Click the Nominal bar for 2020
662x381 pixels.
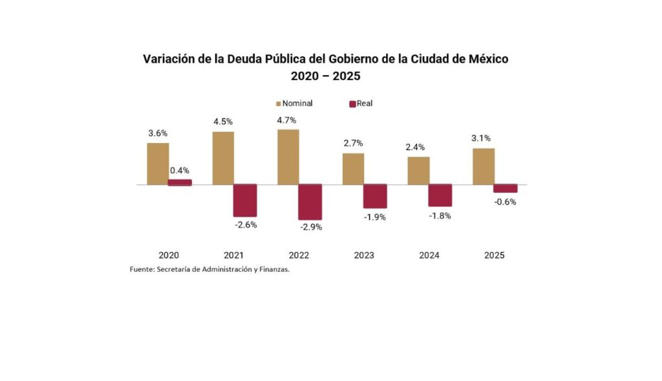[158, 164]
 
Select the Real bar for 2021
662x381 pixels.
[245, 200]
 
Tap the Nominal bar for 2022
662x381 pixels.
[288, 157]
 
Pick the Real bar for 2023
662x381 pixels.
[375, 196]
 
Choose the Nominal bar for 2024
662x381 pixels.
[418, 171]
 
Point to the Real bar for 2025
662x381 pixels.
[505, 188]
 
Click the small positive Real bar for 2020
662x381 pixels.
[180, 182]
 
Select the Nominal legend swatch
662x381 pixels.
[279, 103]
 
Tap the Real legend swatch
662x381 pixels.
[352, 103]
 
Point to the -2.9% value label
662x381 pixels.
[311, 227]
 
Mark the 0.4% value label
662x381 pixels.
[180, 171]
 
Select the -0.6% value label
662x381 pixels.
[506, 202]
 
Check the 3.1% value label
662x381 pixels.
[481, 138]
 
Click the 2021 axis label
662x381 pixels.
[233, 256]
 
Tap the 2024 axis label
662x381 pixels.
[429, 256]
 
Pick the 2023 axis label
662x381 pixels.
[364, 256]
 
